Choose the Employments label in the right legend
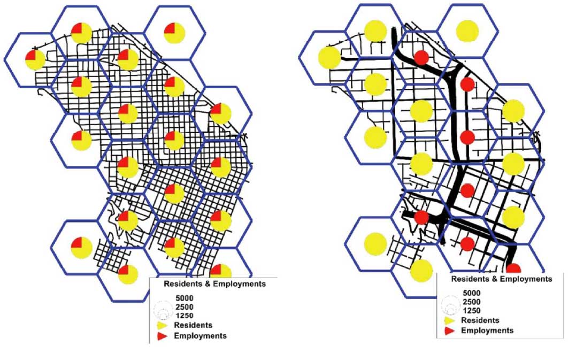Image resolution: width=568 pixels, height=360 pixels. [487, 330]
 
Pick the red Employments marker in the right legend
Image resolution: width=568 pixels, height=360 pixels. [449, 331]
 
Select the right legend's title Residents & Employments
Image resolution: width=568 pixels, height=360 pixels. [502, 279]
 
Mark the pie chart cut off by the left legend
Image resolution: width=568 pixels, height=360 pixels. [220, 271]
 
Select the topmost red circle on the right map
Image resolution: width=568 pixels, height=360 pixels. [421, 57]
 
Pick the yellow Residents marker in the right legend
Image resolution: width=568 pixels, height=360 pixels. [449, 320]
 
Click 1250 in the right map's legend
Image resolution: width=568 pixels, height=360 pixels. [471, 310]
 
